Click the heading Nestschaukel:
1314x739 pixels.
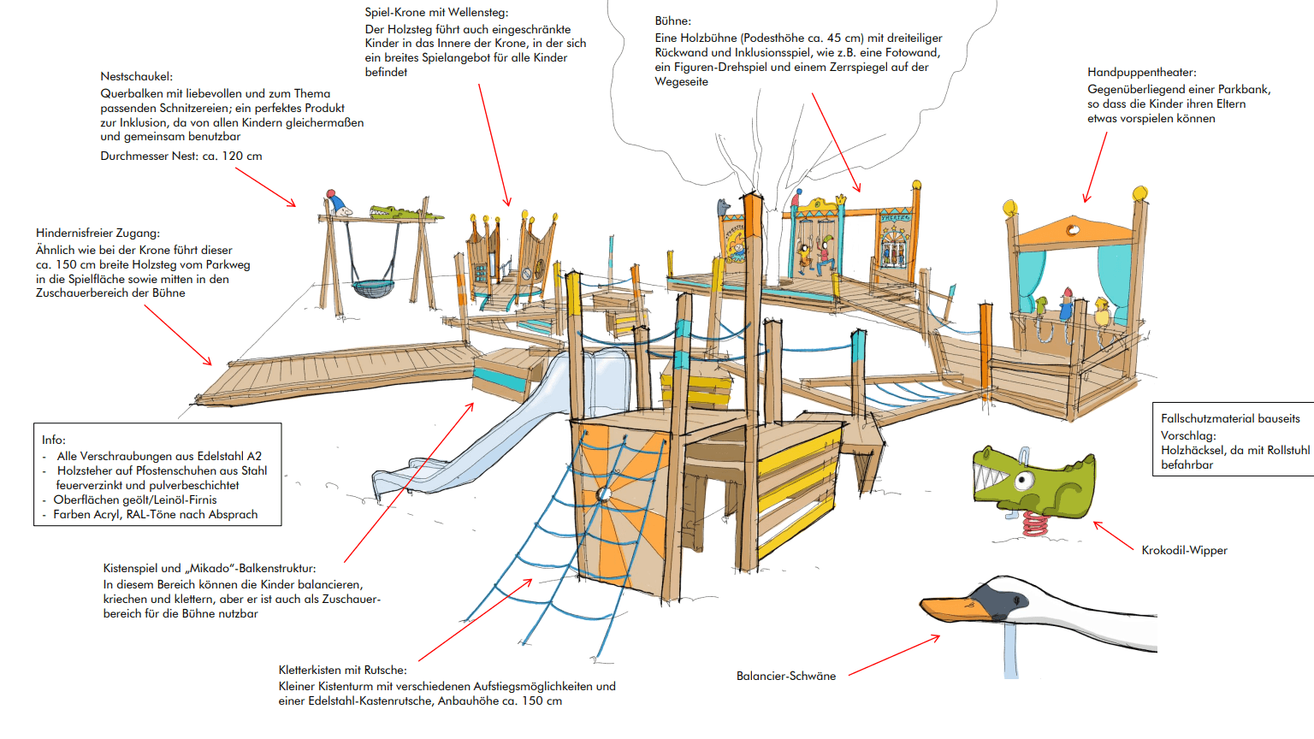[136, 76]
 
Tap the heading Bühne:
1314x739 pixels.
[672, 21]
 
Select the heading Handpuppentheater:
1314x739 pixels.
[1141, 72]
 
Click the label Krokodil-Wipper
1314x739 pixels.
[1184, 550]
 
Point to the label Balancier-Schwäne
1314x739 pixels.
[785, 676]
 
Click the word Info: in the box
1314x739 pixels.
[54, 440]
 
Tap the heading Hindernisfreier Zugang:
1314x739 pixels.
[98, 233]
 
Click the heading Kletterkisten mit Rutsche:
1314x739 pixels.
[342, 670]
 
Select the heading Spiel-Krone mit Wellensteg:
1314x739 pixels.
[436, 12]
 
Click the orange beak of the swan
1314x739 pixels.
[950, 608]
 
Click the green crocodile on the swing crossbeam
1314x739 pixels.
[394, 211]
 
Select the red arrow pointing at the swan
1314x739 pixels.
[894, 655]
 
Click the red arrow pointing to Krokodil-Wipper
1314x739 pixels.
[1114, 535]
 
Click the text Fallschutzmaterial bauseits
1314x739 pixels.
[1230, 418]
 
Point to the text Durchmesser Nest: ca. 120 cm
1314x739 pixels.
[181, 156]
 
